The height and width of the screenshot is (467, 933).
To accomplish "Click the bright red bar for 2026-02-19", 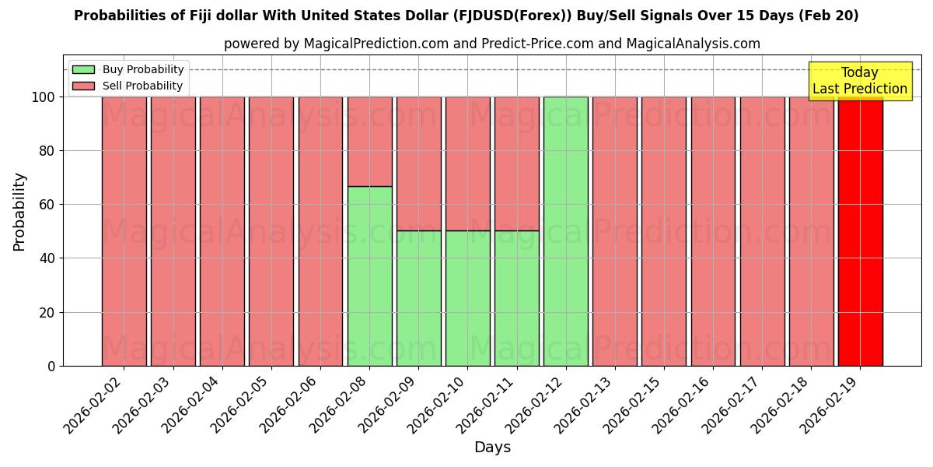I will (860, 231).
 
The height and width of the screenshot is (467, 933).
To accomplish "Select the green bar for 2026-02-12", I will (566, 231).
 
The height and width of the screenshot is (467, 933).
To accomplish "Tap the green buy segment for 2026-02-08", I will (369, 276).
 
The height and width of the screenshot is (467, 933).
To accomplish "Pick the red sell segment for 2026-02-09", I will (419, 163).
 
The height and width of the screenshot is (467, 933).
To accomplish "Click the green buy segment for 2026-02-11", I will (517, 298).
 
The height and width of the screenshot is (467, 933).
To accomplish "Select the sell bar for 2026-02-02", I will (124, 231).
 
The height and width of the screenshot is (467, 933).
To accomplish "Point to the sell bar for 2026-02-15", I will (664, 231).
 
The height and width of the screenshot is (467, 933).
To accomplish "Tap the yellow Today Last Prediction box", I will (860, 81).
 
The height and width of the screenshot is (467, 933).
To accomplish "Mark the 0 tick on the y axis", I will (51, 366).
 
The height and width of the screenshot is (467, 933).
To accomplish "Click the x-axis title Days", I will (492, 448).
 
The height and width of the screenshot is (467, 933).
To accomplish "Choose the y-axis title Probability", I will (19, 212).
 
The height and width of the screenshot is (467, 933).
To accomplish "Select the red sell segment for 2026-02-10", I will (468, 163).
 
